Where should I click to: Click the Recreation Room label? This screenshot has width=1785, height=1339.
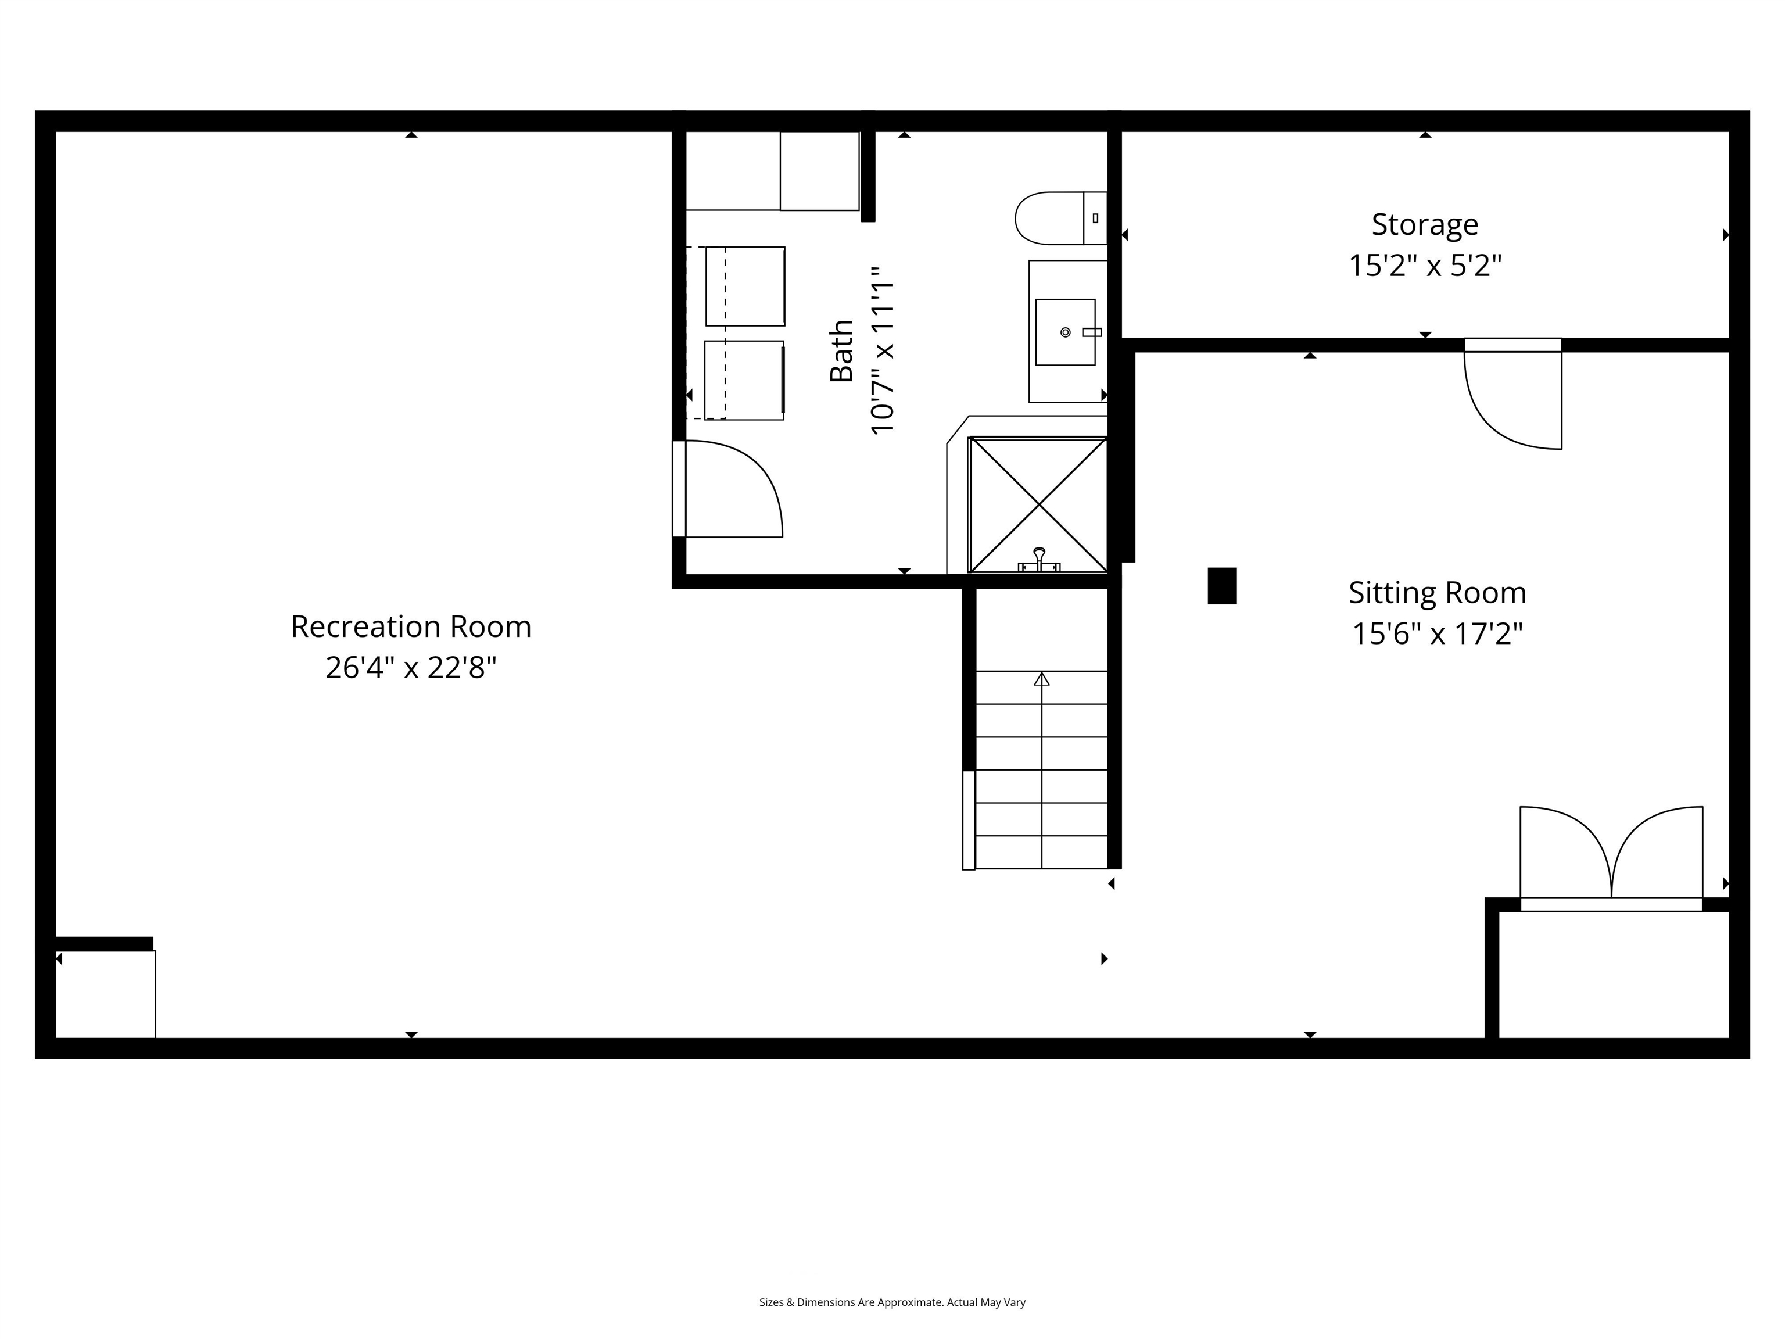tap(411, 626)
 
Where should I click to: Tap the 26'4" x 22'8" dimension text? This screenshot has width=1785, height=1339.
tap(411, 668)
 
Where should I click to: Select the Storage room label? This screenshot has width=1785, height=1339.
tap(1425, 224)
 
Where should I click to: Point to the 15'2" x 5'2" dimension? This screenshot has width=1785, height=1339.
tap(1425, 265)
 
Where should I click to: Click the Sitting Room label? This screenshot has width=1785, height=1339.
tap(1437, 592)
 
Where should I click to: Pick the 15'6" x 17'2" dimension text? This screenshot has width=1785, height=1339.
tap(1437, 633)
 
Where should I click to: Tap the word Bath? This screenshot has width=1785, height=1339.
tap(842, 350)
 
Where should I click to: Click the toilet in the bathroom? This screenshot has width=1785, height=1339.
tap(1060, 218)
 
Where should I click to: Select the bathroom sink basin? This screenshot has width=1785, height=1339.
tap(1065, 332)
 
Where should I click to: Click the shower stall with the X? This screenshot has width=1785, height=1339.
tap(1038, 504)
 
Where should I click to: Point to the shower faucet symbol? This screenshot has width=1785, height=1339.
tap(1040, 560)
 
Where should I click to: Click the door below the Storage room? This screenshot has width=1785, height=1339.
tap(1512, 394)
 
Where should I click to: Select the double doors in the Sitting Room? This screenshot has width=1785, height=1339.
tap(1611, 858)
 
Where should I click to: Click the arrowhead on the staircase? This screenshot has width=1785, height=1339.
tap(1042, 679)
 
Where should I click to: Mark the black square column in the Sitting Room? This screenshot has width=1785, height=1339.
tap(1222, 586)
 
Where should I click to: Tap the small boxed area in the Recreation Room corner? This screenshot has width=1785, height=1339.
tap(106, 994)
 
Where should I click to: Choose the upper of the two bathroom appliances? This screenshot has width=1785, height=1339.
tap(745, 287)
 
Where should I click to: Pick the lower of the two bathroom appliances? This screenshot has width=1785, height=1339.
tap(744, 380)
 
